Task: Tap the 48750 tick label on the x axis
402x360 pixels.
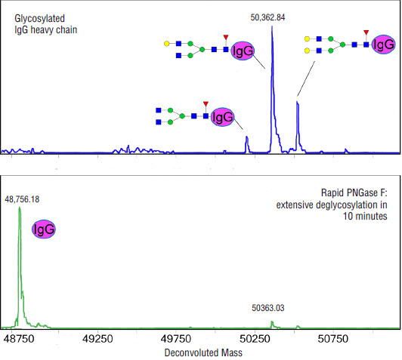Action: click(20, 340)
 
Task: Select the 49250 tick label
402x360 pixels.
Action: click(98, 340)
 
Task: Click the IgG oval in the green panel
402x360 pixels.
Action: click(44, 229)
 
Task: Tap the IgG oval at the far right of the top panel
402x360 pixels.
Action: click(382, 45)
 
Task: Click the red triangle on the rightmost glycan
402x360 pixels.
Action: click(366, 34)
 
